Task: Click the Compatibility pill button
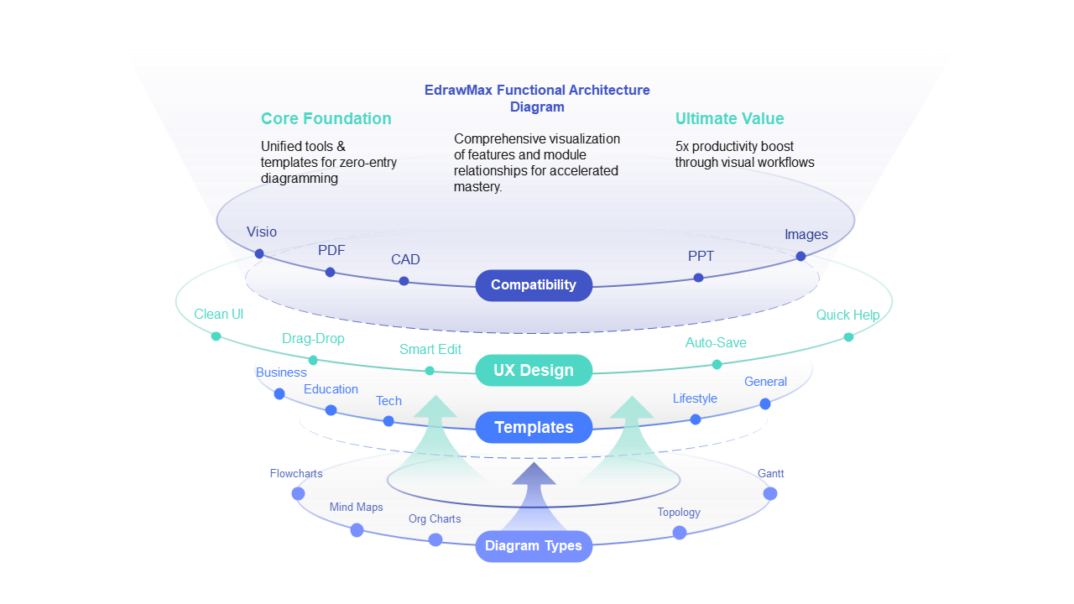[x=534, y=285]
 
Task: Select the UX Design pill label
[x=534, y=371]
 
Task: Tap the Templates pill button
[x=534, y=428]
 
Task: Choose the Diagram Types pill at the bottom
[x=534, y=546]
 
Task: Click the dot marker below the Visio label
[x=259, y=253]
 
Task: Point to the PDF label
[x=331, y=250]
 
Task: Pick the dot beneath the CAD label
[x=404, y=281]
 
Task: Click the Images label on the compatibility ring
[x=805, y=235]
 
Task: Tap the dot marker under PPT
[x=698, y=278]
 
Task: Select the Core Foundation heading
[x=326, y=118]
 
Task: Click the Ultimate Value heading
[x=729, y=118]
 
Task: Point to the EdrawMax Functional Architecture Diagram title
[x=537, y=98]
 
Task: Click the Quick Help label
[x=847, y=315]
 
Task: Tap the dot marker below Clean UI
[x=216, y=336]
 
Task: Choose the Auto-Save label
[x=715, y=342]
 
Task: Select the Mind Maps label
[x=356, y=508]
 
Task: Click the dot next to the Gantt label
[x=770, y=493]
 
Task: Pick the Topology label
[x=678, y=513]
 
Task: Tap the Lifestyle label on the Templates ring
[x=695, y=398]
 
